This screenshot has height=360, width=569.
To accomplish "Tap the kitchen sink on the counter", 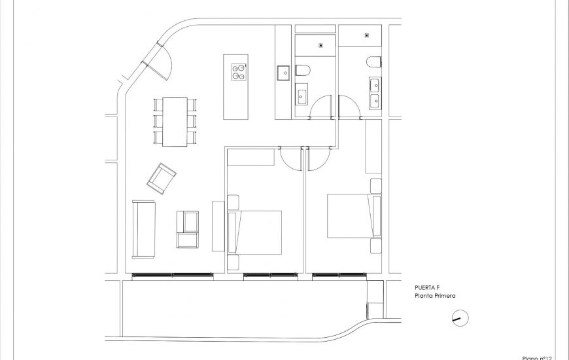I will (x=283, y=72).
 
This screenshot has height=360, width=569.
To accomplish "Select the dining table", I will (x=175, y=121).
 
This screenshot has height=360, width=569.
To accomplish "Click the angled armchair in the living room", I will (x=161, y=178).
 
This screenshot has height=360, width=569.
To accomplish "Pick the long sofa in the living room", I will (x=143, y=228).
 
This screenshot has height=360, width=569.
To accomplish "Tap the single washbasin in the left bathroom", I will (x=303, y=97).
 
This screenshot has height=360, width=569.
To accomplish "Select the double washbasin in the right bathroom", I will (x=375, y=93).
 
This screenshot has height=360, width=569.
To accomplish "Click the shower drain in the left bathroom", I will (x=320, y=46).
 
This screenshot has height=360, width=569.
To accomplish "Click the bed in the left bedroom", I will (x=254, y=232).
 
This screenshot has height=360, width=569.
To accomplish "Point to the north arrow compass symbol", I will (x=460, y=319).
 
